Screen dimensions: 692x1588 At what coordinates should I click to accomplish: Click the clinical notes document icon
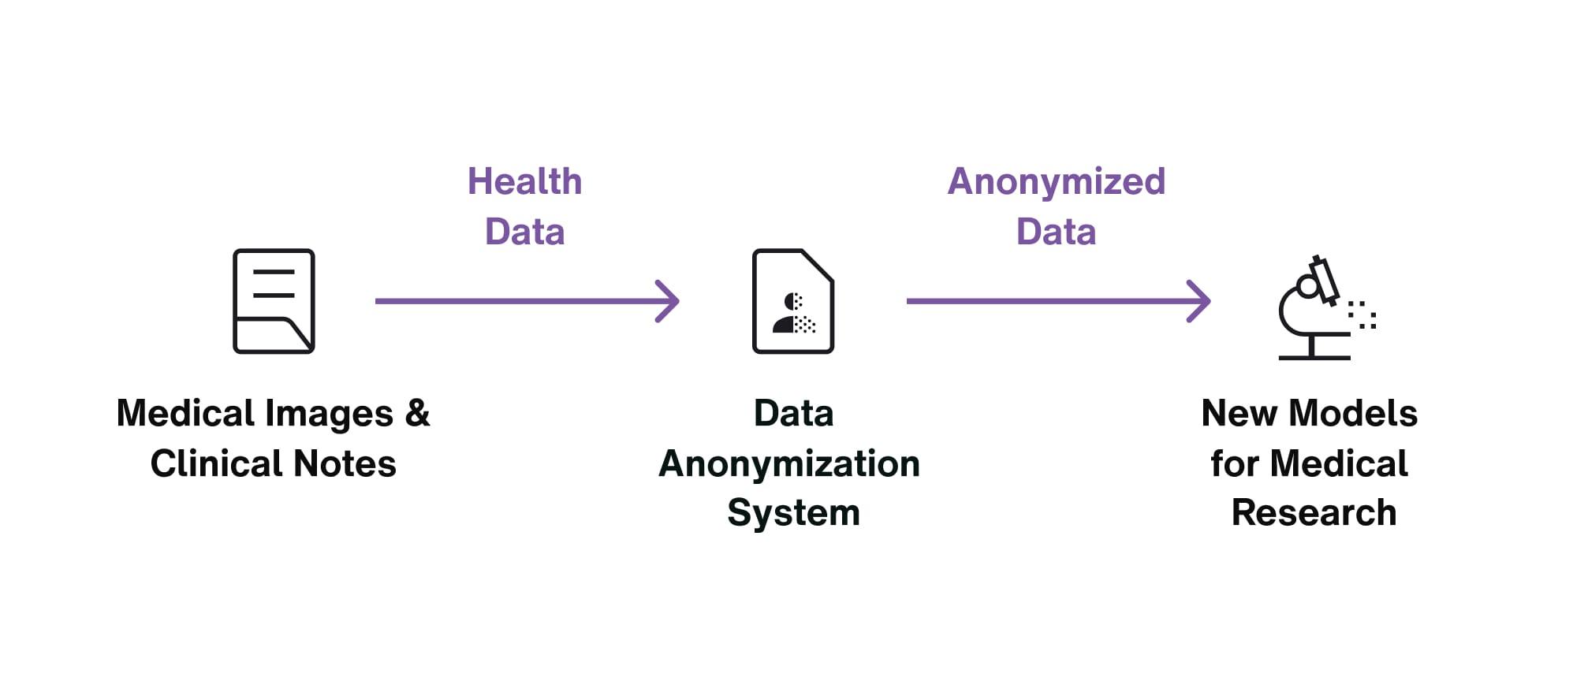tap(274, 301)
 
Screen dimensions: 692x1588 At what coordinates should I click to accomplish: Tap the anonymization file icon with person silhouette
tap(793, 301)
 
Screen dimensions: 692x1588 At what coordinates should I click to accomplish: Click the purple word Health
tap(524, 181)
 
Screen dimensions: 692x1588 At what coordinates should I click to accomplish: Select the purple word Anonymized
tap(1056, 181)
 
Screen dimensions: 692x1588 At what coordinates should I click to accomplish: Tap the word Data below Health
tap(524, 232)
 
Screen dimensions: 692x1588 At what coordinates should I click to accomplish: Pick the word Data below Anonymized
tap(1056, 232)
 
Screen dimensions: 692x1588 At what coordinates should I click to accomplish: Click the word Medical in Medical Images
tap(186, 413)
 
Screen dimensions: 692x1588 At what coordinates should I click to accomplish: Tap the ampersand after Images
tap(417, 413)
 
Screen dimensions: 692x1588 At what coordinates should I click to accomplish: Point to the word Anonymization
tap(789, 463)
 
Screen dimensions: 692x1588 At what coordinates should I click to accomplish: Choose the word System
tap(793, 513)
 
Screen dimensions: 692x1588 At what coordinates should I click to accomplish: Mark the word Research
tap(1314, 513)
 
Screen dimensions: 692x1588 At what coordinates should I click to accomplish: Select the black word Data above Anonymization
tap(793, 413)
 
